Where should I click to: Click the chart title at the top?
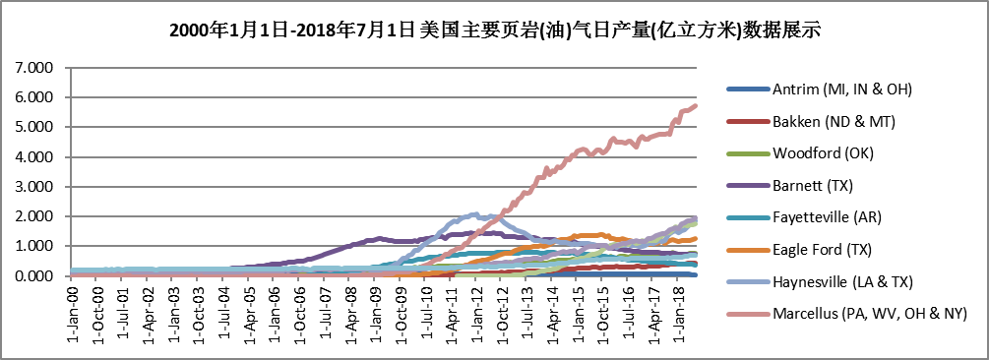(495, 30)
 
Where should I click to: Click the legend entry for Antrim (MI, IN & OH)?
(842, 90)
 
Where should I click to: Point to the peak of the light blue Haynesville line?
(476, 213)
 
